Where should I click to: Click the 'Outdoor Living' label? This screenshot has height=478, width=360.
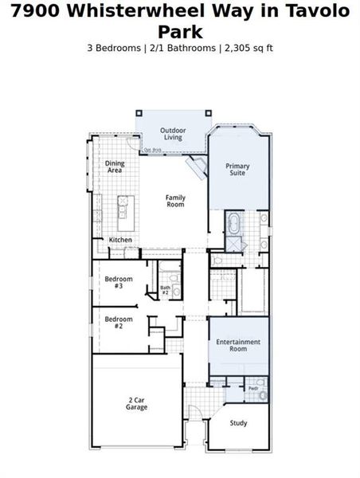pos(173,133)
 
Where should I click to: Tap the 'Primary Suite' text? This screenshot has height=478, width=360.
pos(237,169)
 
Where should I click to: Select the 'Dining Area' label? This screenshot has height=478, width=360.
pos(115,167)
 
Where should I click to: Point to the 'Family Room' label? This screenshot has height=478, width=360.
pos(175,201)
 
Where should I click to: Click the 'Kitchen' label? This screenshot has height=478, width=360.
pos(120,239)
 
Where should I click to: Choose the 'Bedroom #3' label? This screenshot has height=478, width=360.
pos(118,282)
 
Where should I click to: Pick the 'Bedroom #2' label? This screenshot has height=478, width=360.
pos(118,322)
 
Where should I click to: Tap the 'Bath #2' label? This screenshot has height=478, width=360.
pos(166,290)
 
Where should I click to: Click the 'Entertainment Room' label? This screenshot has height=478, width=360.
pos(238,345)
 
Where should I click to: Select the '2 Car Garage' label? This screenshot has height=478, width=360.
pos(136,403)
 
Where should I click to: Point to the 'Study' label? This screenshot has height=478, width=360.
pos(238,423)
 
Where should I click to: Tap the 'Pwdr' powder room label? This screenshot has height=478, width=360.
pos(252,388)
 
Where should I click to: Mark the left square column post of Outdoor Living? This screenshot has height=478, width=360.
pos(139,113)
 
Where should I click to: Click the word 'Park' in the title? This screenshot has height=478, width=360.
pos(179,31)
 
